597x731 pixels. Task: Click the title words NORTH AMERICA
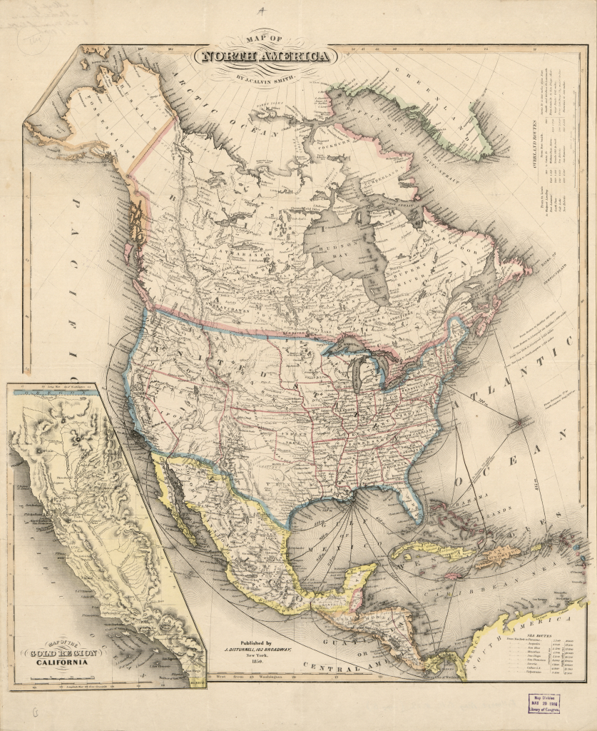[x=266, y=57]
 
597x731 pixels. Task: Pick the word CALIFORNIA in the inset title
[x=63, y=662]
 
